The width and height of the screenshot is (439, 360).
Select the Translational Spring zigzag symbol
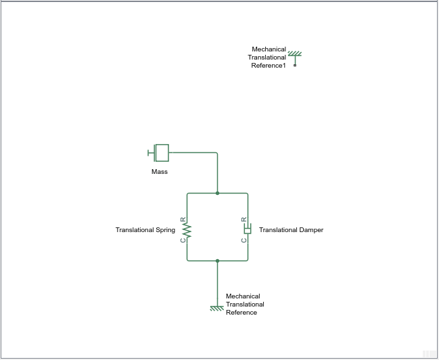187,230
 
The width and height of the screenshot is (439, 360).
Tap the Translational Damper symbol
248,229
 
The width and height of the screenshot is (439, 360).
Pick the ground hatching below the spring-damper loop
217,309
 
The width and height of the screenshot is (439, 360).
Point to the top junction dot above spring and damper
217,193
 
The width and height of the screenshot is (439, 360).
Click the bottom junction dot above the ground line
217,261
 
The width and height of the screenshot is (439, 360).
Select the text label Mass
160,172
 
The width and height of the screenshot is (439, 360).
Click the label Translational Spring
145,230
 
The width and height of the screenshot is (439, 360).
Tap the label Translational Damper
291,230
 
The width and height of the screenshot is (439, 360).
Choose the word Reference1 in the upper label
269,66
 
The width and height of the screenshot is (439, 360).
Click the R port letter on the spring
183,219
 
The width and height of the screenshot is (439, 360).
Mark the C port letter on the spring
183,240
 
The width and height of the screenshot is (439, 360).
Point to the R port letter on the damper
244,219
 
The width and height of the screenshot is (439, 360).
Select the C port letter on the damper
244,240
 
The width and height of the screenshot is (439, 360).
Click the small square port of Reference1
295,65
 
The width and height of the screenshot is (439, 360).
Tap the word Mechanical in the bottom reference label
243,296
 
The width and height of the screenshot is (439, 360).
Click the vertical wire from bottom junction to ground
217,284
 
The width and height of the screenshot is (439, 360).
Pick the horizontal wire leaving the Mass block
193,153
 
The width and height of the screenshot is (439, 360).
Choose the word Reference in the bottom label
241,313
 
